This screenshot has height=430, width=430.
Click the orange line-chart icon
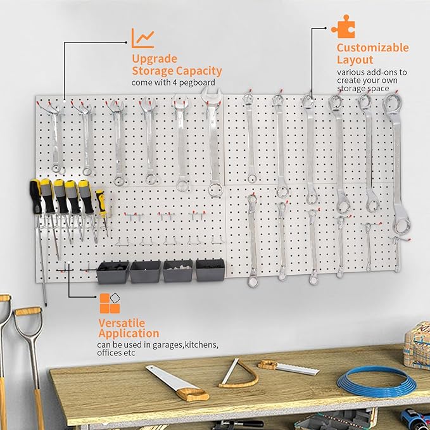142,39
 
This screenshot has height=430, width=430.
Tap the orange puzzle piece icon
343,28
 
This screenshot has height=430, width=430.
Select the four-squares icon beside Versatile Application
110,303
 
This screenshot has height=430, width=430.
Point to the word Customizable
372,48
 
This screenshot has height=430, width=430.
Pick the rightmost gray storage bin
210,270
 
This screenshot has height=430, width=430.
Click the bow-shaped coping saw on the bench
239,374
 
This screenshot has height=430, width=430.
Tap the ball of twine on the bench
418,343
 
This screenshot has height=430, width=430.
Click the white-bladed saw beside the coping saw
289,368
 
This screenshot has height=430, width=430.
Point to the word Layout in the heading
355,60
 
